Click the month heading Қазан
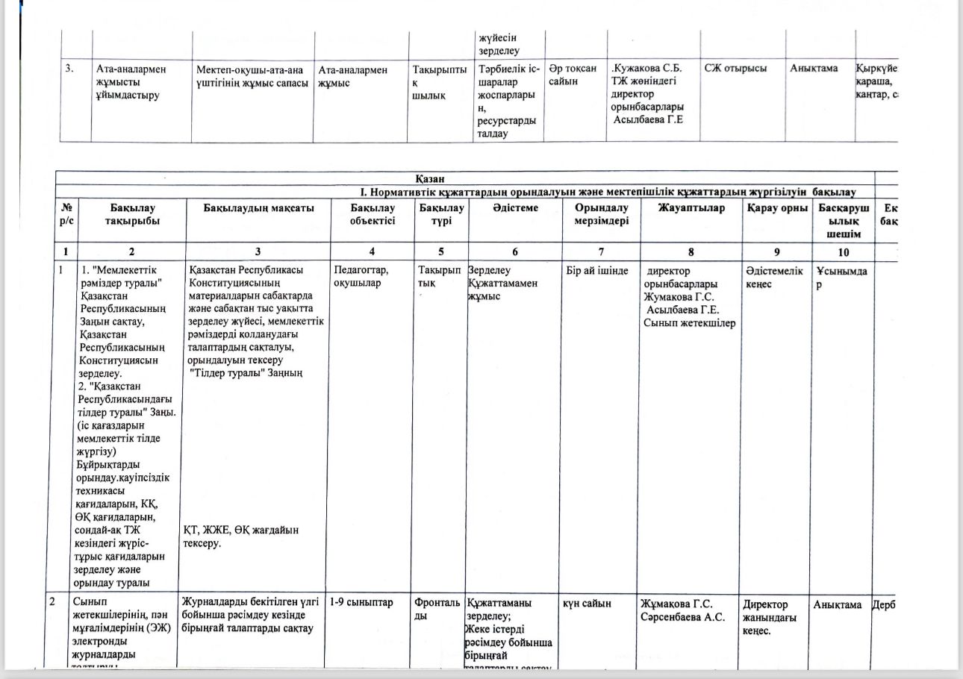pos(431,179)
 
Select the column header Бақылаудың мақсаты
pos(258,208)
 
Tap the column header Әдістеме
pos(515,208)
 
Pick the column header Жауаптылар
pos(691,208)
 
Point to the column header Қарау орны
pos(777,208)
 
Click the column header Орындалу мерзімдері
pos(601,214)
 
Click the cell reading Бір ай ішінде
pos(601,271)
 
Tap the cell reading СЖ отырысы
pos(735,69)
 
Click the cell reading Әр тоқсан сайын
pos(573,75)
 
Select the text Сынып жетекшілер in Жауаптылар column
pos(690,323)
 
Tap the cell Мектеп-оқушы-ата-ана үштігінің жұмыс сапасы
pos(252,75)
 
